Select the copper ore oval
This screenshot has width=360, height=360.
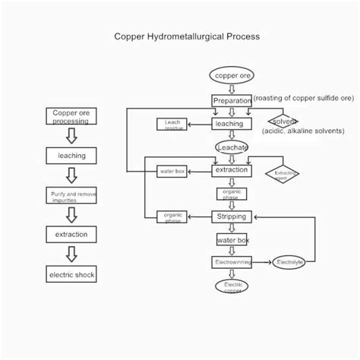231,75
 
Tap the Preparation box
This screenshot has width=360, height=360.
232,100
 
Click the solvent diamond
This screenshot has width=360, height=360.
284,122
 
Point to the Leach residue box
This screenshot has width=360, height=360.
172,124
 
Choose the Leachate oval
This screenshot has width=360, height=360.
232,147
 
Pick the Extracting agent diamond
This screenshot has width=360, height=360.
283,174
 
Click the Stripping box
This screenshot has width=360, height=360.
232,216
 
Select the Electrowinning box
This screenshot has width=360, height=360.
232,262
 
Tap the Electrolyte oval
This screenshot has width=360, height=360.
289,262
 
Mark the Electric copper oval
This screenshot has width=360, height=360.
232,287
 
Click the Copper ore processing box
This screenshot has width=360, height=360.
71,116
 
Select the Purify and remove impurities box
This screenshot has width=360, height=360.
71,196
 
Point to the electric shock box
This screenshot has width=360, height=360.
71,274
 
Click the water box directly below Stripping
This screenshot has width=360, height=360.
232,240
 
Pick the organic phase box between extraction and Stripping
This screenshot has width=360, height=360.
232,194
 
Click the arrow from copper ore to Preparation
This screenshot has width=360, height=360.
232,88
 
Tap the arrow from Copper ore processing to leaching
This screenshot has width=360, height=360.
71,136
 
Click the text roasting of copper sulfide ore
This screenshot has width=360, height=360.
304,98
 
